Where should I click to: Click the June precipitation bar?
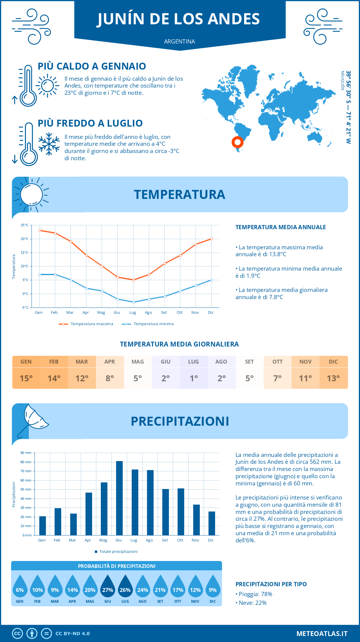[x=119, y=498]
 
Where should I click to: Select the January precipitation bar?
[x=43, y=526]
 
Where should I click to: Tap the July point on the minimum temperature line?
[x=133, y=302]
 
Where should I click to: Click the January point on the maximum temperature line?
[x=40, y=230]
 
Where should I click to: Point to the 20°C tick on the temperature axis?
[x=25, y=239]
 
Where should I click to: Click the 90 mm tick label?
[x=26, y=453]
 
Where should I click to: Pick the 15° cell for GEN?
[x=26, y=378]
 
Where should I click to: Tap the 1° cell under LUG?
[x=193, y=378]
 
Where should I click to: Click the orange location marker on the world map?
[x=237, y=142]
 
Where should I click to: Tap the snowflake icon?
[x=49, y=144]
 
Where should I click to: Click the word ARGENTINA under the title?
[x=179, y=41]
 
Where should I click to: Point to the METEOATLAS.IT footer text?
[x=322, y=634]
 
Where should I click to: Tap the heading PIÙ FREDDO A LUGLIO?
[x=90, y=123]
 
